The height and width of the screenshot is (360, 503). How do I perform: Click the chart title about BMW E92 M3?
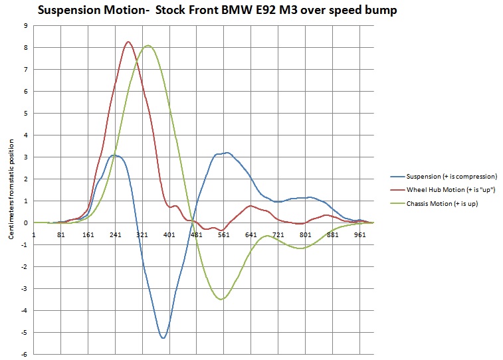click(x=217, y=10)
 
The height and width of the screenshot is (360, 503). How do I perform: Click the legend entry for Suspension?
click(x=444, y=176)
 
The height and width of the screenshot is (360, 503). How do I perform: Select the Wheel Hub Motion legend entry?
click(x=443, y=190)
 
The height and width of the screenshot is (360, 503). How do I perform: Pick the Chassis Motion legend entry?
click(x=434, y=203)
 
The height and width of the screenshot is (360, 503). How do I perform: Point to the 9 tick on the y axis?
click(x=26, y=26)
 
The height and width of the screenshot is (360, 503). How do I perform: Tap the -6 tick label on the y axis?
click(x=25, y=354)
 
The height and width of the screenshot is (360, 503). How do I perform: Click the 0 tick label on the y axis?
click(x=26, y=223)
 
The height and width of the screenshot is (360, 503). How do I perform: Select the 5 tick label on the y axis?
click(x=26, y=113)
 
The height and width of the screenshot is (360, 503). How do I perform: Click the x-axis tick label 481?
click(x=196, y=235)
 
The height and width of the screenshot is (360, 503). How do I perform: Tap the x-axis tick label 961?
click(x=359, y=235)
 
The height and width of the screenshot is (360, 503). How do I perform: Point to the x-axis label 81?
click(x=61, y=235)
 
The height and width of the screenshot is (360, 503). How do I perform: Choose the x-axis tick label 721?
click(x=278, y=235)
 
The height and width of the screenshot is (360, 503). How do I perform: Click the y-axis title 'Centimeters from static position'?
click(x=11, y=189)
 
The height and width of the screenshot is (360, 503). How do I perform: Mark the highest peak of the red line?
click(x=128, y=42)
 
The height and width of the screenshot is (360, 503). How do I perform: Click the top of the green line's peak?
click(x=148, y=46)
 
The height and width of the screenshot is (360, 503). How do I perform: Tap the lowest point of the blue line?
click(x=163, y=338)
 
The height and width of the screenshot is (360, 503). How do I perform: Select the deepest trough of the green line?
click(x=221, y=299)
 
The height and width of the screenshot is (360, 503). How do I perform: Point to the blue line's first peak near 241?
click(x=114, y=155)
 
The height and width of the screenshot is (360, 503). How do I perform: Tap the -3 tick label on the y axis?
click(x=25, y=288)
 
